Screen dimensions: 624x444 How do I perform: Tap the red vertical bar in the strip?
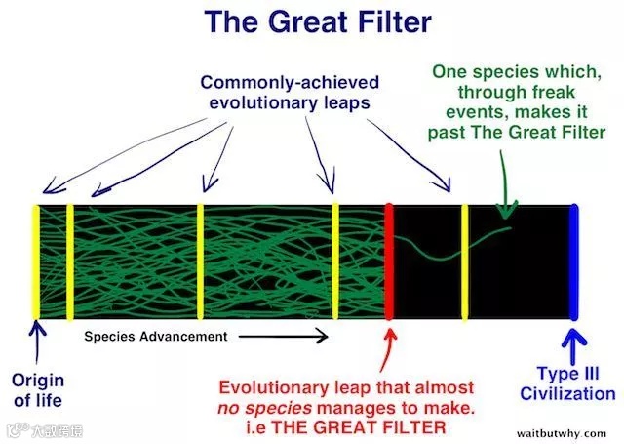coord(389,262)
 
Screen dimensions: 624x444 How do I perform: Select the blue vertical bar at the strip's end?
coord(574,262)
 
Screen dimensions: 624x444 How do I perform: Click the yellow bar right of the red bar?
coord(465,262)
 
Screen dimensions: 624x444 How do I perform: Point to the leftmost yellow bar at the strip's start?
coord(36,262)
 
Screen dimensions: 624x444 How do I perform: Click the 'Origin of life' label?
coord(38,389)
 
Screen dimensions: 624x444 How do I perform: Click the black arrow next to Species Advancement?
coord(283,337)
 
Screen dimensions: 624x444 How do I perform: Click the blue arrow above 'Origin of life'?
coord(37,343)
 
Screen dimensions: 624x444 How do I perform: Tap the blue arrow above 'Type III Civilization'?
coord(574,343)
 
